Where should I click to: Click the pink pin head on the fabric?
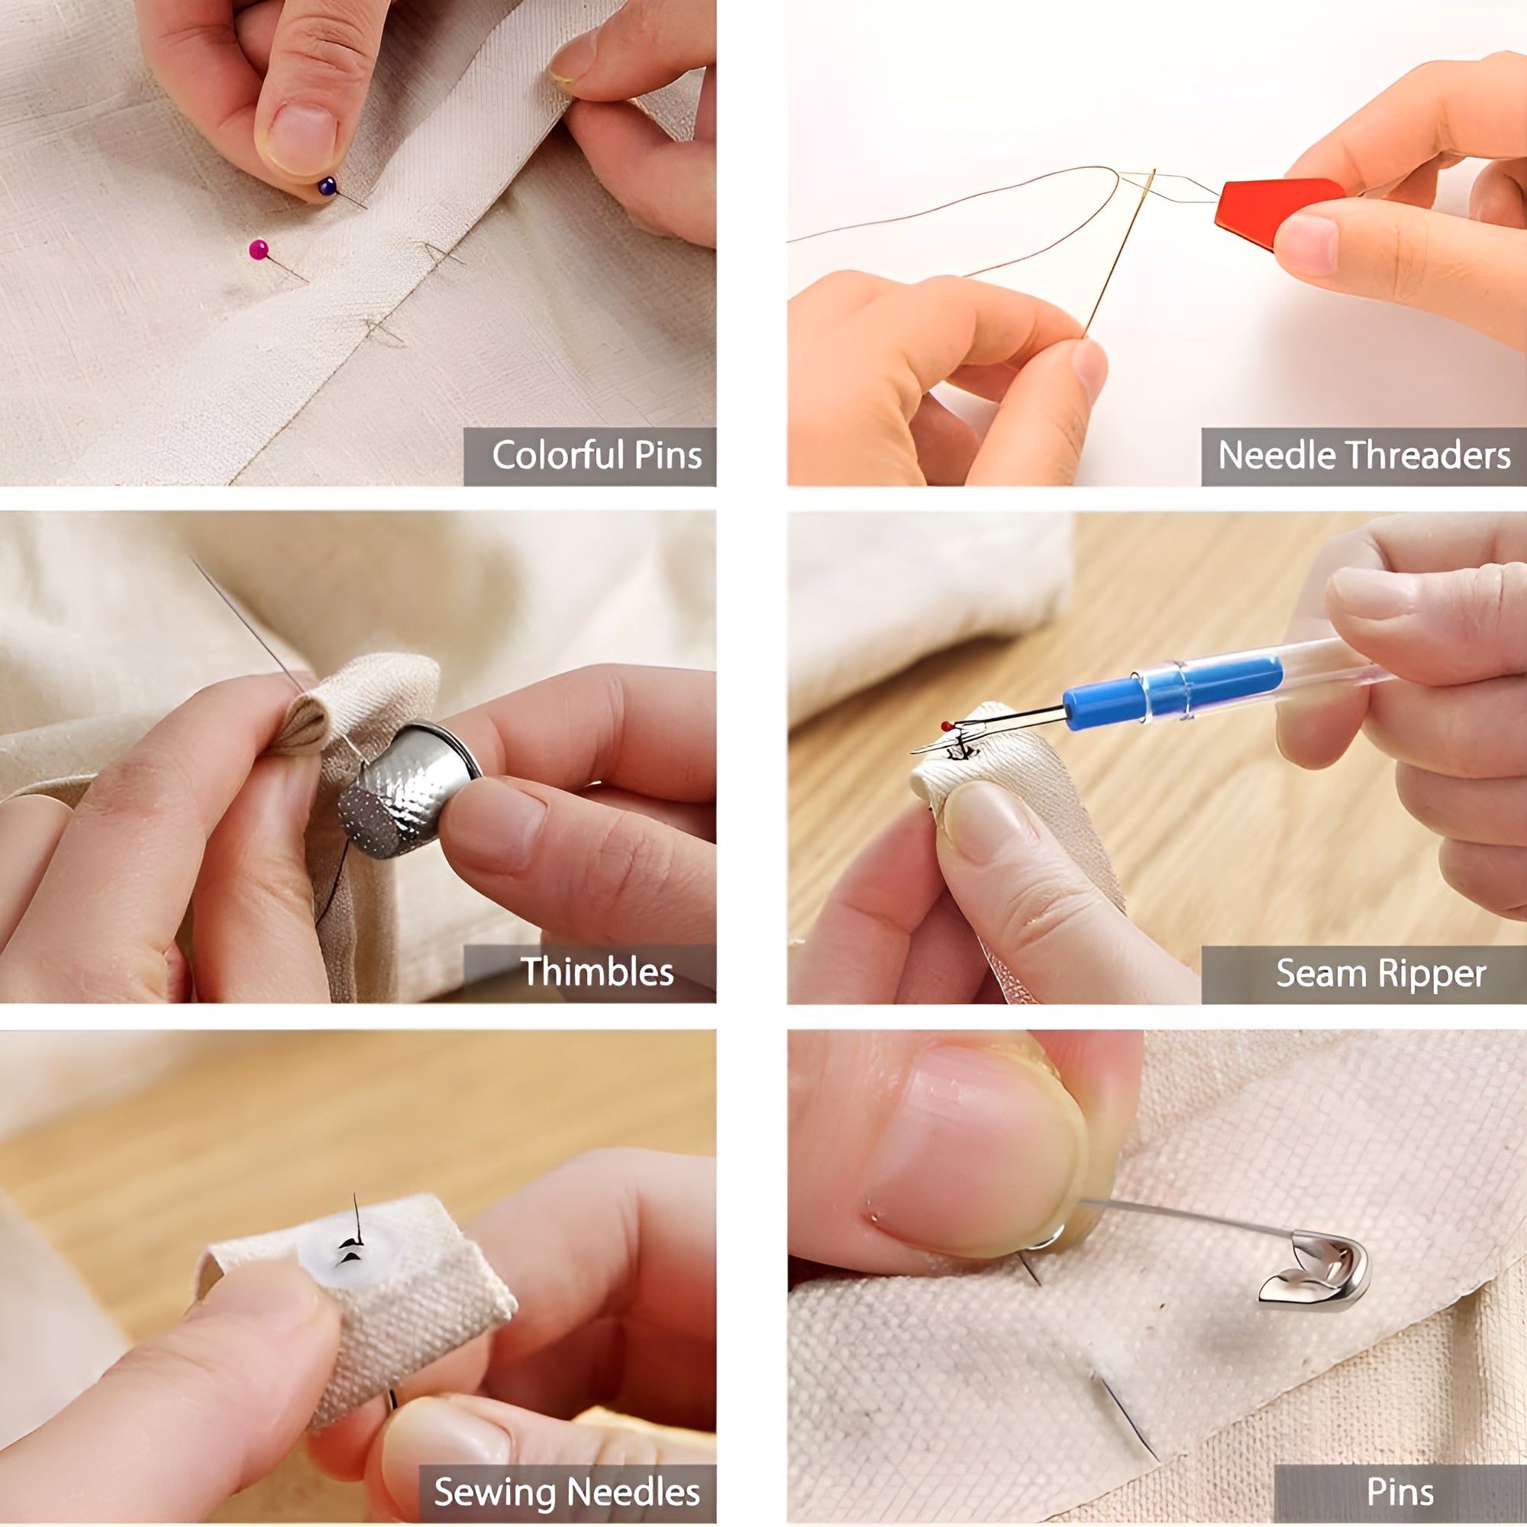tap(259, 250)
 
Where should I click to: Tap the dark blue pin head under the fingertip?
tap(328, 186)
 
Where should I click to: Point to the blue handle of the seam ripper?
tap(1172, 688)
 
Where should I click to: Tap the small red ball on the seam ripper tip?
tap(945, 725)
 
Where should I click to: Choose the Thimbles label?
tap(597, 971)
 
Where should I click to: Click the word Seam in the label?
tap(1323, 973)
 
